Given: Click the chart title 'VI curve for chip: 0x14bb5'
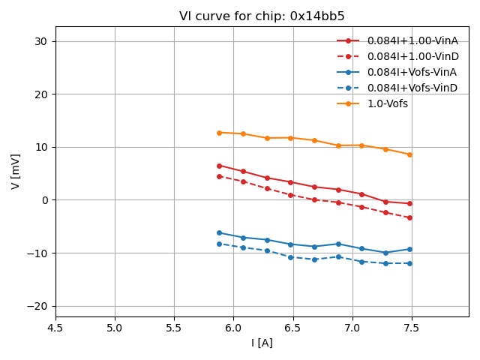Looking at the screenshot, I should (262, 16).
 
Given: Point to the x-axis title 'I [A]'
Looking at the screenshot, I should (262, 343).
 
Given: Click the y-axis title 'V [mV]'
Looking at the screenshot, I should (16, 172).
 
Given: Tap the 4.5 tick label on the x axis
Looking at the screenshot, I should (55, 328).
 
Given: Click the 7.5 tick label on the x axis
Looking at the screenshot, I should (412, 328).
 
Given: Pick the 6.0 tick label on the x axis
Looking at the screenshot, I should (233, 328).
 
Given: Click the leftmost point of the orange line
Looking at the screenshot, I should (219, 133).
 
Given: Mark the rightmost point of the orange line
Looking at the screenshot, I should (409, 154).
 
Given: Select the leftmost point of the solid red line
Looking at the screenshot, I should (219, 166).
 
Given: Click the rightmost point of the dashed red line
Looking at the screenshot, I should (409, 217).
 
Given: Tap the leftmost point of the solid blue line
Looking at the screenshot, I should (219, 232).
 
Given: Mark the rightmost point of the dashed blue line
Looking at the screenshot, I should (409, 263).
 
